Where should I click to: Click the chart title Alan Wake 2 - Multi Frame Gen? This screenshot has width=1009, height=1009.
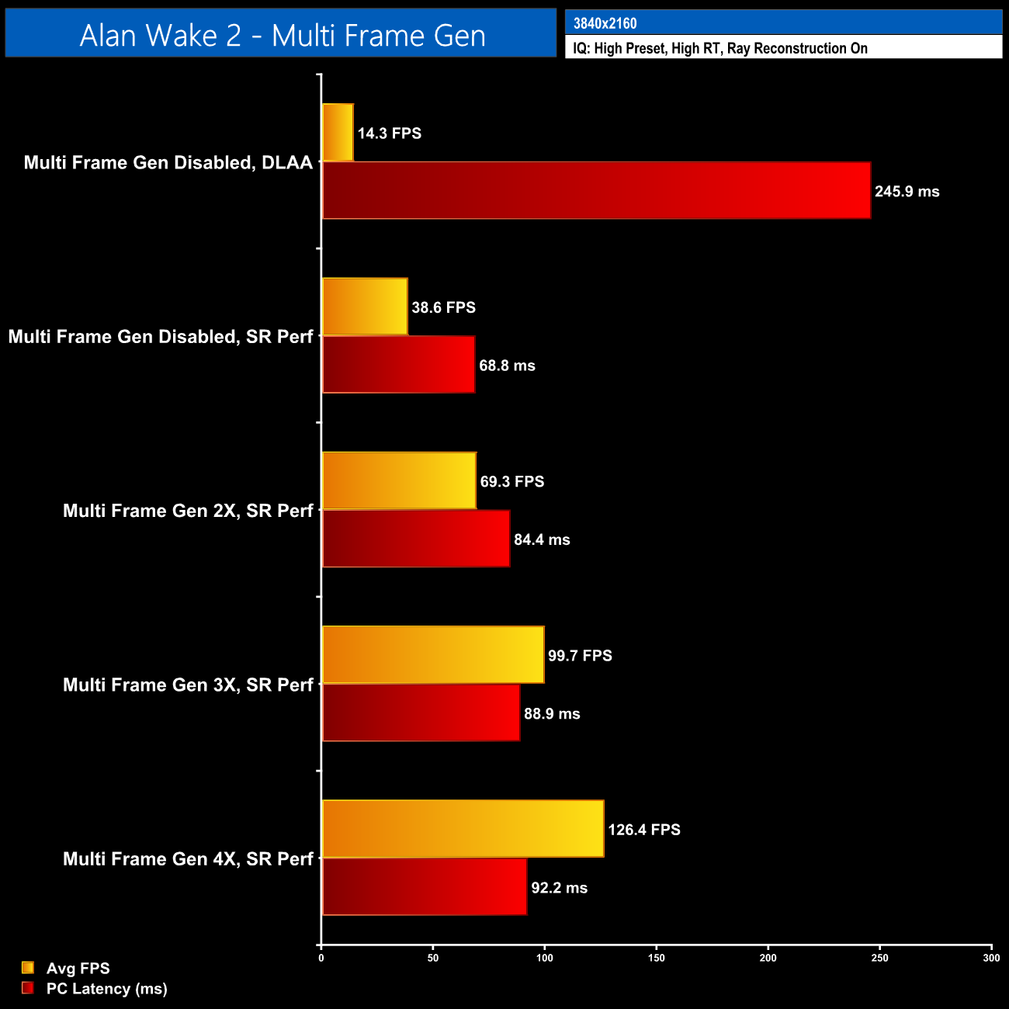282,36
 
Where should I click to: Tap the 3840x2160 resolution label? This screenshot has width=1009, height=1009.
605,23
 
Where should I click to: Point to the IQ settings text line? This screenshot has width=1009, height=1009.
719,48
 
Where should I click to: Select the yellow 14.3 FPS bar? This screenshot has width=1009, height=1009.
338,133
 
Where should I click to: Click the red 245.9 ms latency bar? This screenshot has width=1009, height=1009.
595,191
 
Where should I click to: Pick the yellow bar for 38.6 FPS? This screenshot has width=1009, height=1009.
364,307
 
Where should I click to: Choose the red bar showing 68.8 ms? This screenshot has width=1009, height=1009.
398,365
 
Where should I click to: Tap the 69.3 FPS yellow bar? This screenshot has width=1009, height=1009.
398,480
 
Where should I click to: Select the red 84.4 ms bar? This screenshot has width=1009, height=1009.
415,539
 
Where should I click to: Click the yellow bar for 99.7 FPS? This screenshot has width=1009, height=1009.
432,655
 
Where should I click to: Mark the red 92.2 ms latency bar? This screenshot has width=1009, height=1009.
424,886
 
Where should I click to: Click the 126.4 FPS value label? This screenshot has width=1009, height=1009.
643,830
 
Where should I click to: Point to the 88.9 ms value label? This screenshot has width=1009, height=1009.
552,714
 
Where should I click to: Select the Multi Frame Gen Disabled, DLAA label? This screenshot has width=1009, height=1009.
168,163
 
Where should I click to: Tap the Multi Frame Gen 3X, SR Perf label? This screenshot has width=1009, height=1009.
188,685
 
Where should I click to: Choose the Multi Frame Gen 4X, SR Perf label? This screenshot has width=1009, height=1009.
188,859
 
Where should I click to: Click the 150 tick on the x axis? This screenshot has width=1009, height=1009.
656,958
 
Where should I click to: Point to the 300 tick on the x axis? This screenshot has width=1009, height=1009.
991,958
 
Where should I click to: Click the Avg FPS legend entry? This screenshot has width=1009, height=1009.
78,969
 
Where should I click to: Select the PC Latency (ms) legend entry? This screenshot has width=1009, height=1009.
106,989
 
